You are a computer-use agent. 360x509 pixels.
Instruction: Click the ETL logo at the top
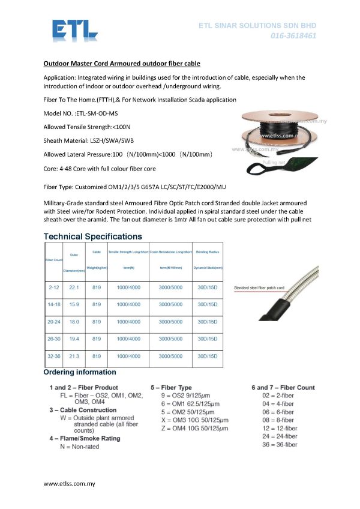click(x=74, y=31)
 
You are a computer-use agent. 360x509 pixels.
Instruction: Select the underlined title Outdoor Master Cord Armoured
click(x=122, y=63)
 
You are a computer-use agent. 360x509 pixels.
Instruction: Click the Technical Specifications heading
click(x=93, y=236)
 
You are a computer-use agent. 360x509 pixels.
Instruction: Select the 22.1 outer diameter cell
click(x=74, y=288)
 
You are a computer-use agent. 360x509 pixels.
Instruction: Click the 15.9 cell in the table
click(x=74, y=304)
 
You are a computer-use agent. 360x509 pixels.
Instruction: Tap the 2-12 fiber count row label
click(x=53, y=288)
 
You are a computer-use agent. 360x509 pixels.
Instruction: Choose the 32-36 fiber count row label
click(x=53, y=356)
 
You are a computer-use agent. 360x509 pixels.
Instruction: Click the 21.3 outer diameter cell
click(x=74, y=356)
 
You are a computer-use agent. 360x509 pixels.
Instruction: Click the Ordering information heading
click(x=80, y=373)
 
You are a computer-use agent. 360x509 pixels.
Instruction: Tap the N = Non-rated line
click(x=80, y=447)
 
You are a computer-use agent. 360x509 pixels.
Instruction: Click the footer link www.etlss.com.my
click(x=69, y=483)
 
